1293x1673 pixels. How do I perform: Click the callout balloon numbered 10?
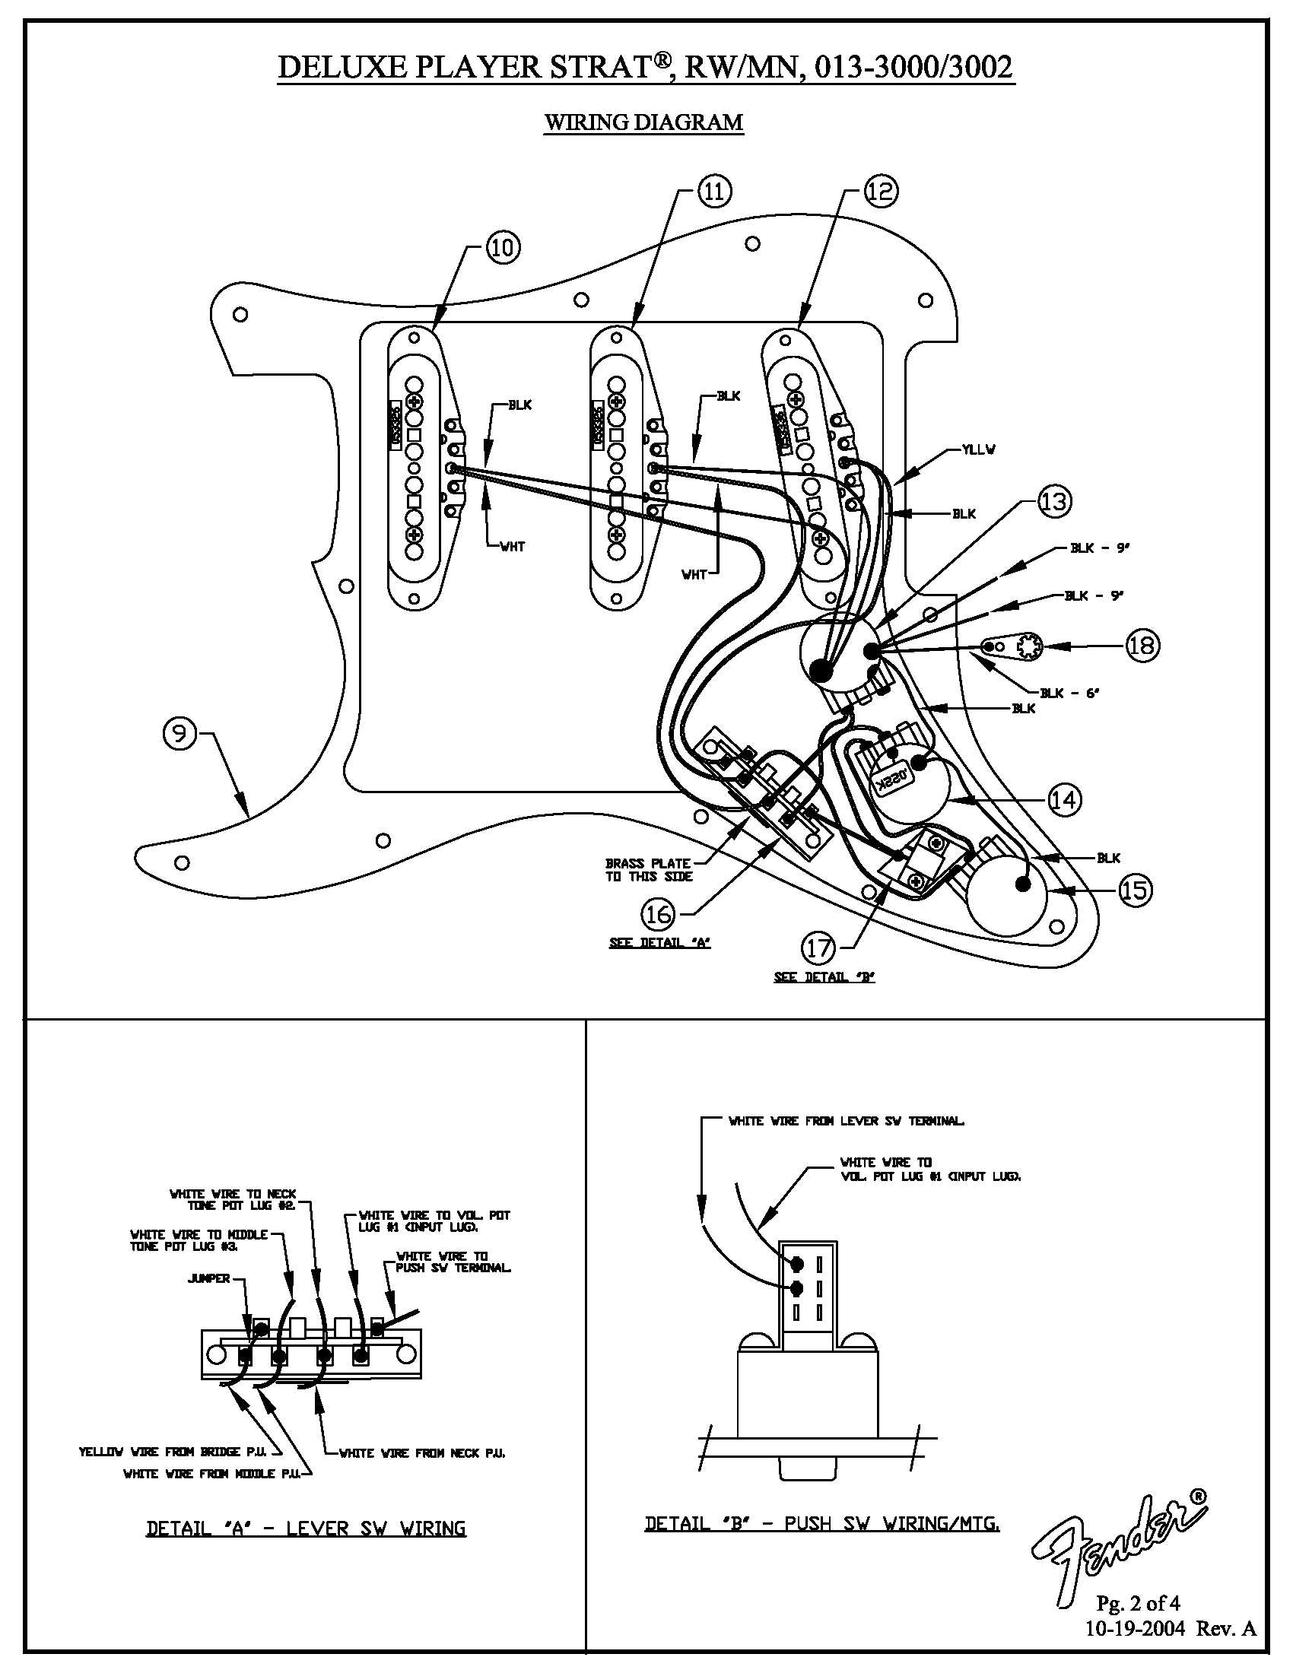click(x=504, y=247)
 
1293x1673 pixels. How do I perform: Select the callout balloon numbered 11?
click(x=714, y=192)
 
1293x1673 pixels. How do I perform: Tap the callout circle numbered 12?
click(x=881, y=192)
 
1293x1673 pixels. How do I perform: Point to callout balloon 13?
click(x=1054, y=502)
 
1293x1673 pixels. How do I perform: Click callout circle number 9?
click(x=179, y=734)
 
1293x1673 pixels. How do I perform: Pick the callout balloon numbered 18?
click(x=1142, y=645)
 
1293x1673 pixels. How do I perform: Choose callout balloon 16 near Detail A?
click(x=659, y=913)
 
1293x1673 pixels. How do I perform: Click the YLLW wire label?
click(x=978, y=449)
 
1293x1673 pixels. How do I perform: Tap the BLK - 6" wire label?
click(x=1069, y=694)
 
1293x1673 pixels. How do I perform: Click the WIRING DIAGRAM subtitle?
click(x=643, y=122)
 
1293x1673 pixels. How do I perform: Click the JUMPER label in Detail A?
click(x=208, y=1300)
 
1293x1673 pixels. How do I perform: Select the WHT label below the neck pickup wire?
click(x=513, y=547)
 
